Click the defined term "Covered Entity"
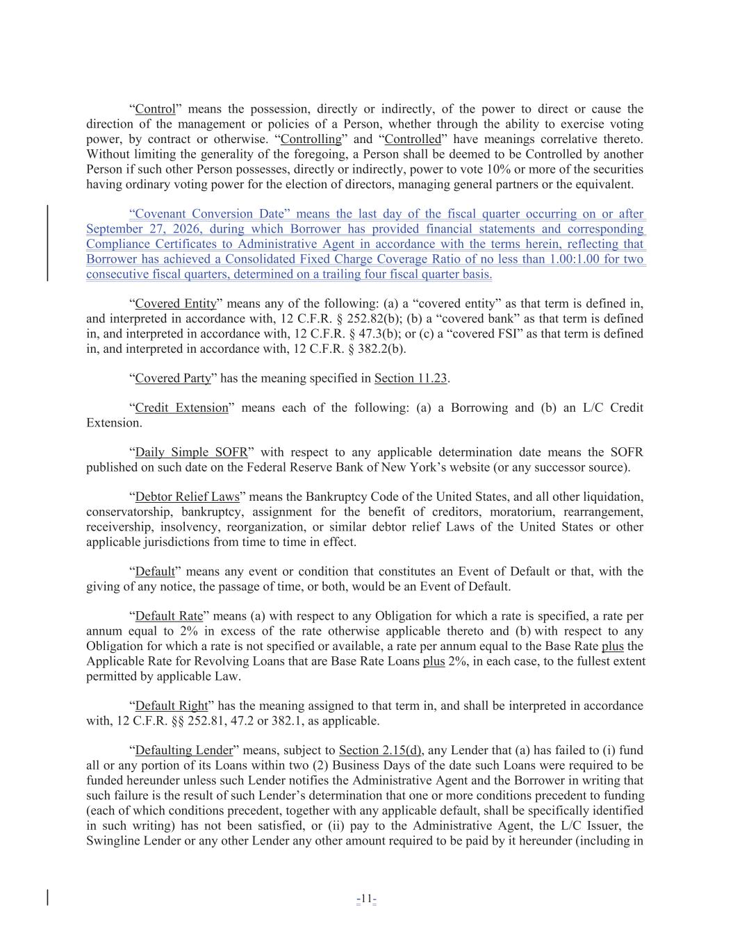pos(176,303)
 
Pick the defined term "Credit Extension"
pos(181,408)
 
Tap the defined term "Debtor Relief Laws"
pos(187,497)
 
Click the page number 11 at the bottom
pos(366,900)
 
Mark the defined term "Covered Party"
pos(173,379)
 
